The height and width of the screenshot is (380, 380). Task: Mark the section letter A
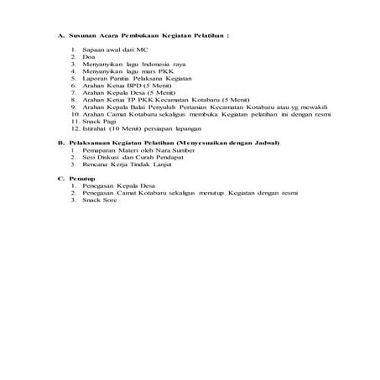tap(60, 36)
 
